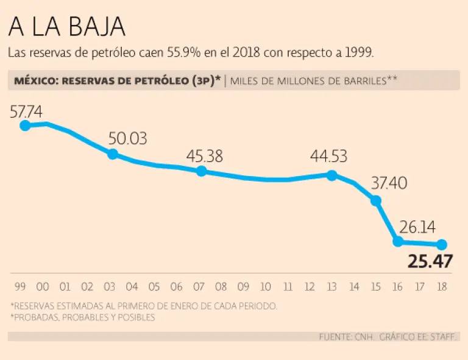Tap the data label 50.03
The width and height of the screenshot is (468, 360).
click(x=128, y=139)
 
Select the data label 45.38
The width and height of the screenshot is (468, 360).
click(x=205, y=157)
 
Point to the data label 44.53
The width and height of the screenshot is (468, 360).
click(x=328, y=157)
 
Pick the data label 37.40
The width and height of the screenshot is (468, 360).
click(x=388, y=183)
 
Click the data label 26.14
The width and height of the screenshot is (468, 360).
click(x=417, y=228)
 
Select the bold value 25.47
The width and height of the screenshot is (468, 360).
click(x=430, y=262)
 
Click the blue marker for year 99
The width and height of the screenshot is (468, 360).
click(x=25, y=125)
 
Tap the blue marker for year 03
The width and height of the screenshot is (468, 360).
click(x=113, y=154)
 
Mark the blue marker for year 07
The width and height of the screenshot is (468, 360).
click(x=201, y=171)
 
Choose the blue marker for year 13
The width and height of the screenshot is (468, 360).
click(x=332, y=175)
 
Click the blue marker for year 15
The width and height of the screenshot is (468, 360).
click(x=376, y=200)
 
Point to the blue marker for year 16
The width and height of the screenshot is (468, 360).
click(x=398, y=241)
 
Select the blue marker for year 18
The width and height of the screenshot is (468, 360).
click(x=442, y=244)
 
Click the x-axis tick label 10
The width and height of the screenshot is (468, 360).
click(x=266, y=287)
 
